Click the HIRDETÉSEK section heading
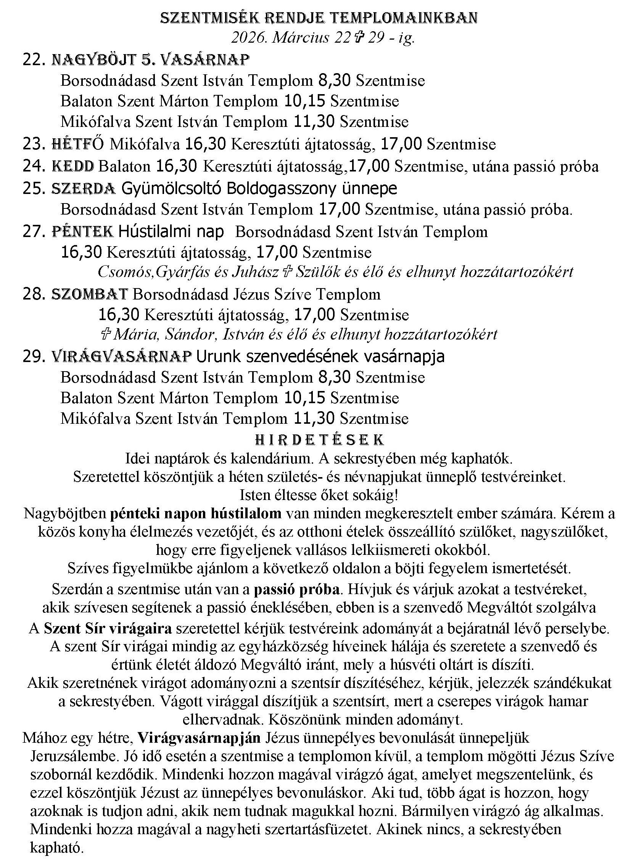tap(319, 439)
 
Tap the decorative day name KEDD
tap(72, 167)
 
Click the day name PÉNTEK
tap(82, 231)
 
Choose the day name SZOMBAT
tap(89, 294)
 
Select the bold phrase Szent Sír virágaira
tap(108, 628)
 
